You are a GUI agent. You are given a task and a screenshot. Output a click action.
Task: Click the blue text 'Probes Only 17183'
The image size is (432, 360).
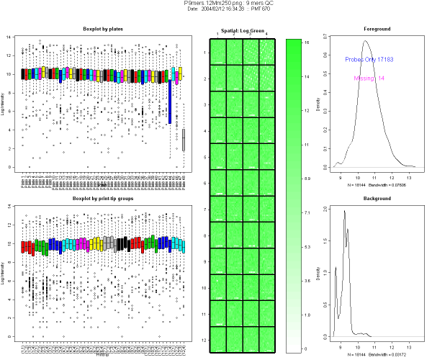click(x=372, y=59)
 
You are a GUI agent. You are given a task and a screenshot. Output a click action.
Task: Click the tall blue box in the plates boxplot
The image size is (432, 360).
click(x=171, y=102)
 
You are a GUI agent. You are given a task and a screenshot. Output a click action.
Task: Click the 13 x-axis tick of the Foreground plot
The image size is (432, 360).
click(x=410, y=174)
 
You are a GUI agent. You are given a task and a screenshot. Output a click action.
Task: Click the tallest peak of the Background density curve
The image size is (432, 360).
click(x=345, y=211)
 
